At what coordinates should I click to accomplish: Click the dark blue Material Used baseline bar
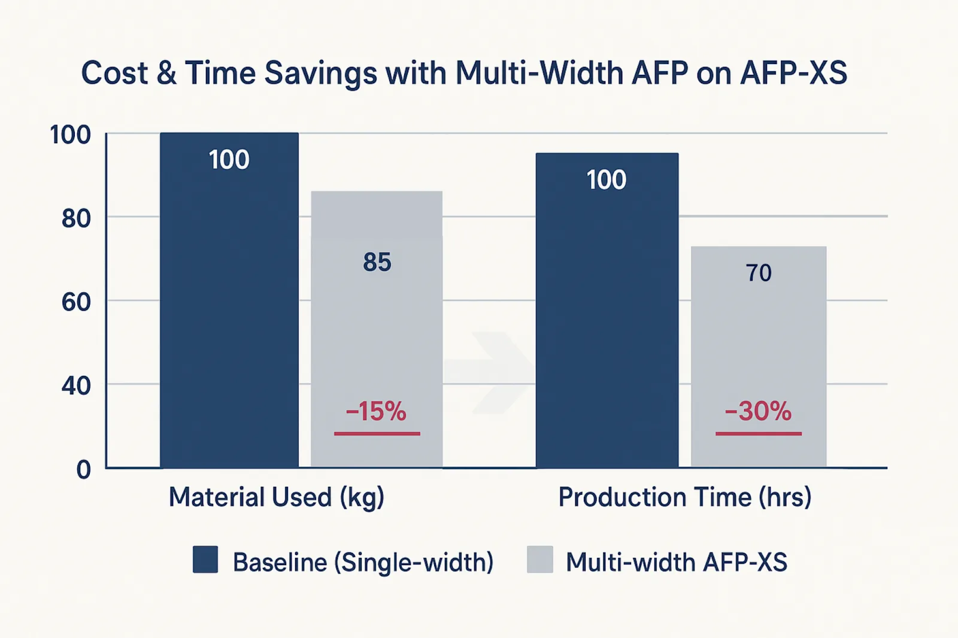point(229,300)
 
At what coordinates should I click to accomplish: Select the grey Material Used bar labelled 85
point(377,329)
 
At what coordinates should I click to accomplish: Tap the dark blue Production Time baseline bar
point(607,311)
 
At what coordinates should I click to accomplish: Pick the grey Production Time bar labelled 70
point(759,357)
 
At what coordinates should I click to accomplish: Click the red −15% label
point(376,411)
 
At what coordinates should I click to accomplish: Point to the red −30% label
point(758,411)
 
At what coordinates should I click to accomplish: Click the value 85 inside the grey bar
point(377,262)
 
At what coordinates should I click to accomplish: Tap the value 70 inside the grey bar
point(759,273)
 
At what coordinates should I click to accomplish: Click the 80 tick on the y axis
point(76,218)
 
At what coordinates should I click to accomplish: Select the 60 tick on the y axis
point(76,302)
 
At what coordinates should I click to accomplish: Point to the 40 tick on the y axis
point(76,385)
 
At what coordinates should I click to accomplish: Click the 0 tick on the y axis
point(83,469)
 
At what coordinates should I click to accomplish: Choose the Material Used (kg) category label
point(277,497)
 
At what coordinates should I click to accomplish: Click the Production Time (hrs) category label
point(685,497)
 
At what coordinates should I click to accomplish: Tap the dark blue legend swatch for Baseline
point(205,560)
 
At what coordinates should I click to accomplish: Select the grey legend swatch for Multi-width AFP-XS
point(539,560)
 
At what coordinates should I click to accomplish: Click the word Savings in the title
point(320,74)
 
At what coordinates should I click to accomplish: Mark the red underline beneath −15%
point(377,433)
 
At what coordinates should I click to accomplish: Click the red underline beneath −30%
point(759,433)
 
